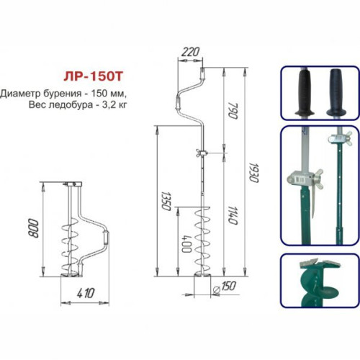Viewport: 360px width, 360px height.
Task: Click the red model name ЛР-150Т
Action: click(x=93, y=77)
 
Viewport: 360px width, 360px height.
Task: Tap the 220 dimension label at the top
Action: click(x=190, y=52)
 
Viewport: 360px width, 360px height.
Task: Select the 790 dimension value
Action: click(x=233, y=111)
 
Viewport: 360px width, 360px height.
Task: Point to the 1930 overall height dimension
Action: click(x=253, y=173)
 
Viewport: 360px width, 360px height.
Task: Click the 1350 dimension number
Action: click(x=166, y=201)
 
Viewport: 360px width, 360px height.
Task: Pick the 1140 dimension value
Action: click(x=233, y=215)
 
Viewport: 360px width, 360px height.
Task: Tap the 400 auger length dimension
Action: click(x=186, y=244)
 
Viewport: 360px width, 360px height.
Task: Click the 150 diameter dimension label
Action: click(x=228, y=286)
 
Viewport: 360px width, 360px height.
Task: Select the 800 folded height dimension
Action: click(x=34, y=228)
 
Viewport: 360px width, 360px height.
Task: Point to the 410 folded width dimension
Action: click(x=86, y=293)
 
